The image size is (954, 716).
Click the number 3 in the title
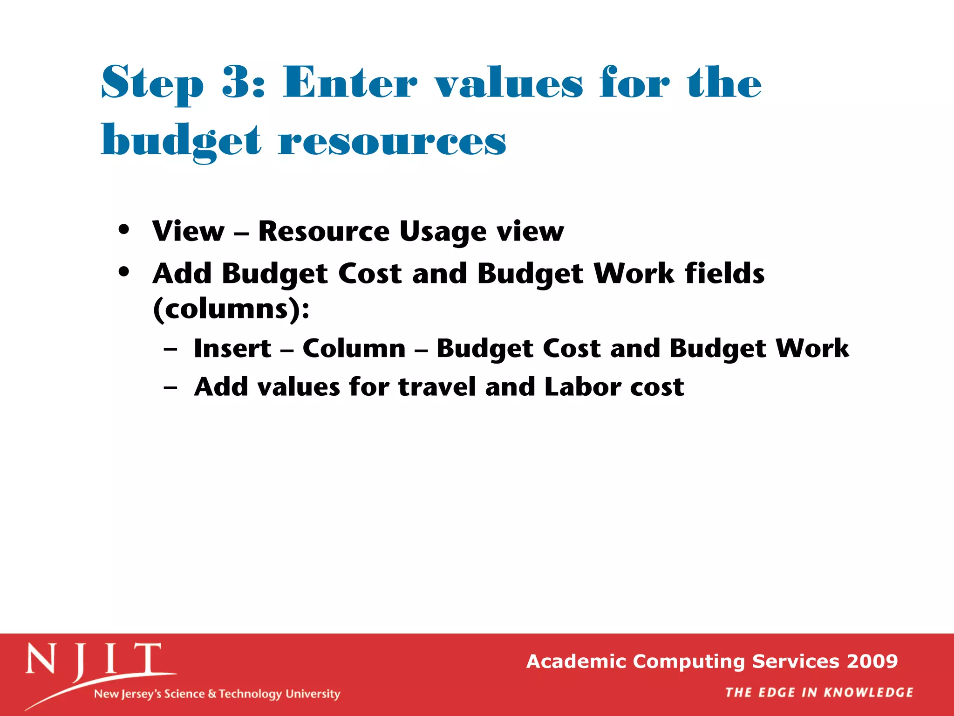pos(236,82)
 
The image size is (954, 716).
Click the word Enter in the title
pos(350,82)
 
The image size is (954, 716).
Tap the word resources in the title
pos(392,141)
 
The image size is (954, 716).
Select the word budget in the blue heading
pos(181,141)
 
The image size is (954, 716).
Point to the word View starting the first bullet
pos(189,231)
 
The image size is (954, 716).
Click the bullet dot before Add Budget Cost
pos(123,272)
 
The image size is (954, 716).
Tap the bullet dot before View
pos(123,230)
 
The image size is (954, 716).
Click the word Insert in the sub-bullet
pos(232,349)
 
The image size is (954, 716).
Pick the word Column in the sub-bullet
pos(354,349)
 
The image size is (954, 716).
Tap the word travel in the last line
pos(436,387)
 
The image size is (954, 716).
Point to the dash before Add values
pos(170,387)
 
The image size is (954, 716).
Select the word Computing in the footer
pos(689,661)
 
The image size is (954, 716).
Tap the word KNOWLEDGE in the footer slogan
pos(868,693)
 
